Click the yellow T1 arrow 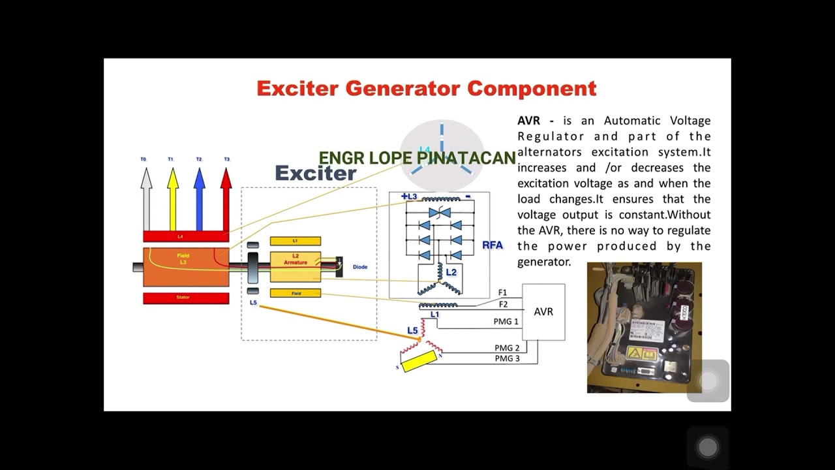(x=173, y=196)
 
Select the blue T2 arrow (x=200, y=196)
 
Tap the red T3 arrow (x=226, y=196)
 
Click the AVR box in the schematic (x=543, y=312)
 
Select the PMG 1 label (x=506, y=322)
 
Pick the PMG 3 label (x=507, y=358)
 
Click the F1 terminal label (x=502, y=292)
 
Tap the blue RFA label (x=493, y=245)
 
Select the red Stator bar (x=186, y=298)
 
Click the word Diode (x=360, y=267)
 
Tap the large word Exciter (x=316, y=173)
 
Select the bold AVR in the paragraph (x=529, y=121)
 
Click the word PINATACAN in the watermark (x=466, y=158)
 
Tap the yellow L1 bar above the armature (x=296, y=241)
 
